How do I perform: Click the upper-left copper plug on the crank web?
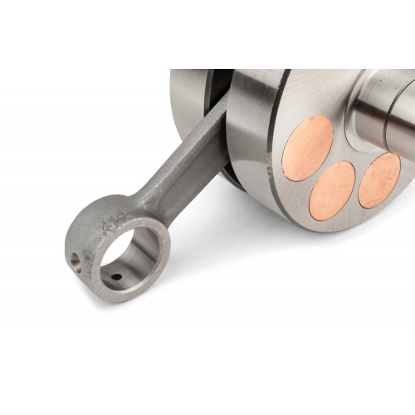pos(307,147)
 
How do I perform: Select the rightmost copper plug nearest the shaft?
pos(379,179)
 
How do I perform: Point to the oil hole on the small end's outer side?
pos(76,260)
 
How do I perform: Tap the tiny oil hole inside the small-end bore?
pos(116,277)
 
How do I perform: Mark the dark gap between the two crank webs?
pos(218,91)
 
